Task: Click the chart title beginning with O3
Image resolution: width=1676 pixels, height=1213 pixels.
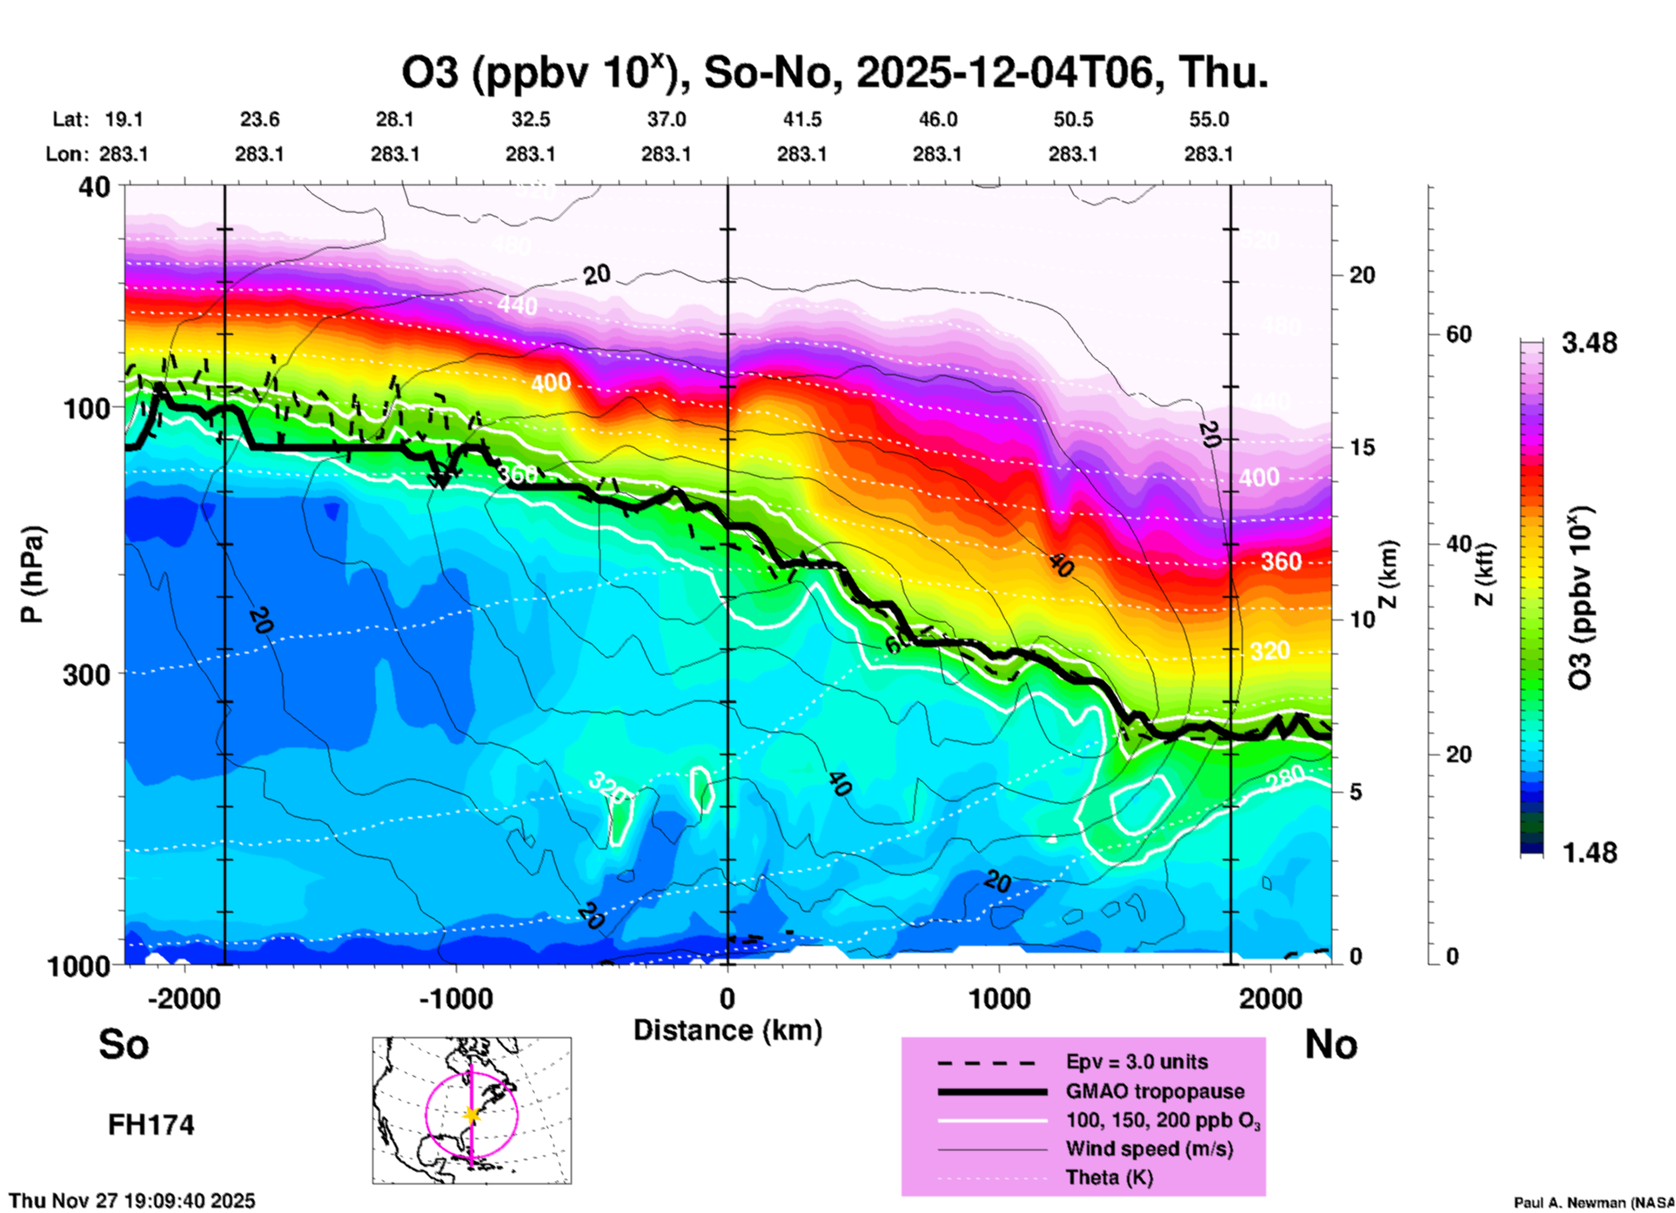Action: click(834, 71)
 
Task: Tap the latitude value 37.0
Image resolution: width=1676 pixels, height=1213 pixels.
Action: click(666, 119)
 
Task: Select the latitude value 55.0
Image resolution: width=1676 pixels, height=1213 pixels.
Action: click(1209, 119)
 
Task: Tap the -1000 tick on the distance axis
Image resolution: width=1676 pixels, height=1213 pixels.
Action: click(456, 998)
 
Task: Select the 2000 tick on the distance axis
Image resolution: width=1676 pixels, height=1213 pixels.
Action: click(1270, 998)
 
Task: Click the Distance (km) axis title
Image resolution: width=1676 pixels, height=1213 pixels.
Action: click(727, 1030)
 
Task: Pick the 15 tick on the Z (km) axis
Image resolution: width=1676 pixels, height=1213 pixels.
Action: click(1362, 447)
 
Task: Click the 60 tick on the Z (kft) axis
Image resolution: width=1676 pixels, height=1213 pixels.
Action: click(1458, 334)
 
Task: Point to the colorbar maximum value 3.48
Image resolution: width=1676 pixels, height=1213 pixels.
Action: click(1589, 343)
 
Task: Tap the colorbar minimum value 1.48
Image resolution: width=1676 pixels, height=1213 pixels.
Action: click(1589, 852)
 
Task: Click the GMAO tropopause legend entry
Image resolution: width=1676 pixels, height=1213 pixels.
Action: click(1155, 1091)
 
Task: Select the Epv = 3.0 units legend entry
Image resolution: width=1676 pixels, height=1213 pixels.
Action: click(1136, 1062)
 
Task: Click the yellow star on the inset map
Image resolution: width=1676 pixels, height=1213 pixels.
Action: click(472, 1115)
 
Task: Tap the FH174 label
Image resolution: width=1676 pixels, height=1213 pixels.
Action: click(151, 1125)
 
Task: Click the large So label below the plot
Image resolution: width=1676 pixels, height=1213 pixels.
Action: click(124, 1044)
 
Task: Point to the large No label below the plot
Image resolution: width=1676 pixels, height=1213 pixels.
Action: click(1331, 1044)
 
